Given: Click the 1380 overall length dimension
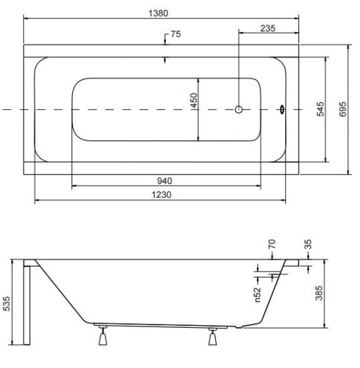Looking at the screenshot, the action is (159, 13).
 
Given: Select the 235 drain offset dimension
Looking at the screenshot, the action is (268, 28).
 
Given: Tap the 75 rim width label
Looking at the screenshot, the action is (176, 34).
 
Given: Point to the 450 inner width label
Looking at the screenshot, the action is (194, 100).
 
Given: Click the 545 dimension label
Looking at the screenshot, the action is (321, 109).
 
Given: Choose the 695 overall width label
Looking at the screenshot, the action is (343, 109).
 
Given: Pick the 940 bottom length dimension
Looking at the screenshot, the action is (165, 181).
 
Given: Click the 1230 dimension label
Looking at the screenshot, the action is (161, 195).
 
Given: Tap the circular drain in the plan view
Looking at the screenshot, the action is (239, 109).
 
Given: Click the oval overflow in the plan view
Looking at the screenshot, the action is (282, 109).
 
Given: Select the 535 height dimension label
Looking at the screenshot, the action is (7, 304).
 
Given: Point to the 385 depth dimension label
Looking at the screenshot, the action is (319, 293).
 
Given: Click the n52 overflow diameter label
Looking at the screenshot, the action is (258, 294).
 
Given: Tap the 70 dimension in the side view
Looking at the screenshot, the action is (272, 244).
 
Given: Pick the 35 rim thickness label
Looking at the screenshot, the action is (308, 244).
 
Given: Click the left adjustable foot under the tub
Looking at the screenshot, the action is (103, 336).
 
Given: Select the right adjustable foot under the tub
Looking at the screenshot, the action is (213, 337).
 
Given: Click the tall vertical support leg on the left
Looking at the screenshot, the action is (27, 305).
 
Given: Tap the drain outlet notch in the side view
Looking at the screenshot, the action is (239, 327).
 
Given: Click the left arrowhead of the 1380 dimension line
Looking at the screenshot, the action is (25, 18).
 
